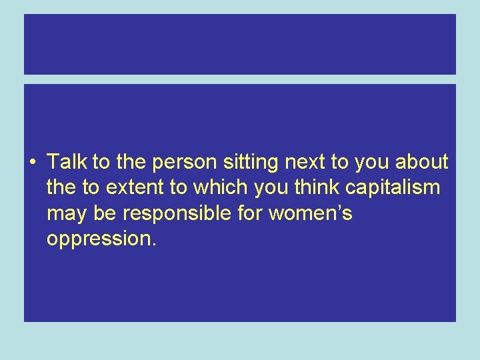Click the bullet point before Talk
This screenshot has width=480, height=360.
(x=33, y=163)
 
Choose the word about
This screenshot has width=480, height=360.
(x=421, y=162)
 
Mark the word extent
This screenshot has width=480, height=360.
(x=137, y=188)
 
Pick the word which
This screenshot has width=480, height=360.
(x=224, y=188)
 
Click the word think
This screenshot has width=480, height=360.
(x=316, y=188)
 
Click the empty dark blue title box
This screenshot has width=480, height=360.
(x=240, y=44)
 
